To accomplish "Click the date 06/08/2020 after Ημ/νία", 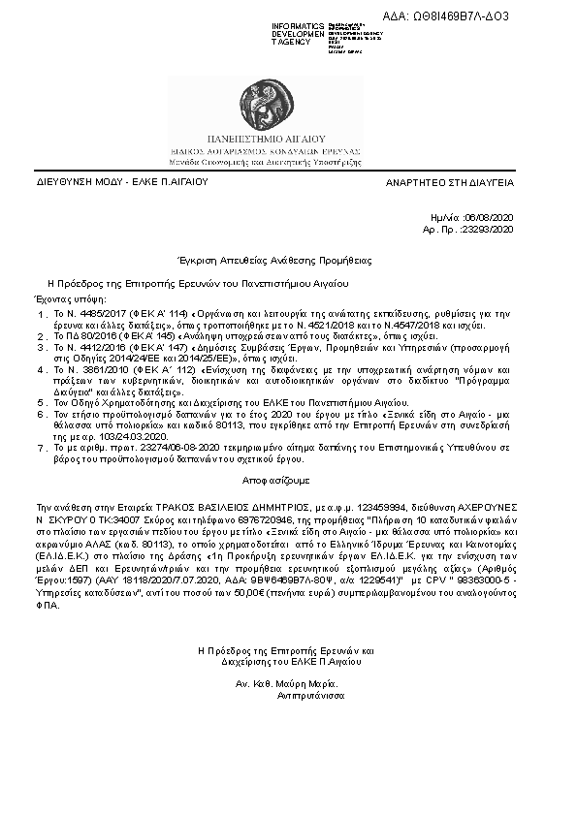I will (493, 219).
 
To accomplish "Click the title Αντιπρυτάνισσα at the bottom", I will (312, 695).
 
